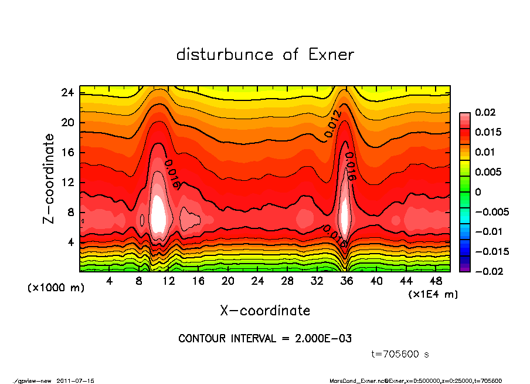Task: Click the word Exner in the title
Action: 331,55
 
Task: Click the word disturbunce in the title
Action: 225,55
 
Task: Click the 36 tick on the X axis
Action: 346,281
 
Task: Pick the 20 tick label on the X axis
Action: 228,281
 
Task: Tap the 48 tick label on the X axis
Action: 436,281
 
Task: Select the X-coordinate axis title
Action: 265,311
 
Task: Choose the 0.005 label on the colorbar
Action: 487,172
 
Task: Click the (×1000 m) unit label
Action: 49,288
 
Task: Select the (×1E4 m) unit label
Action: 433,294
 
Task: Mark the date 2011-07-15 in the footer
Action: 75,380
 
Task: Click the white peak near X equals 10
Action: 158,216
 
